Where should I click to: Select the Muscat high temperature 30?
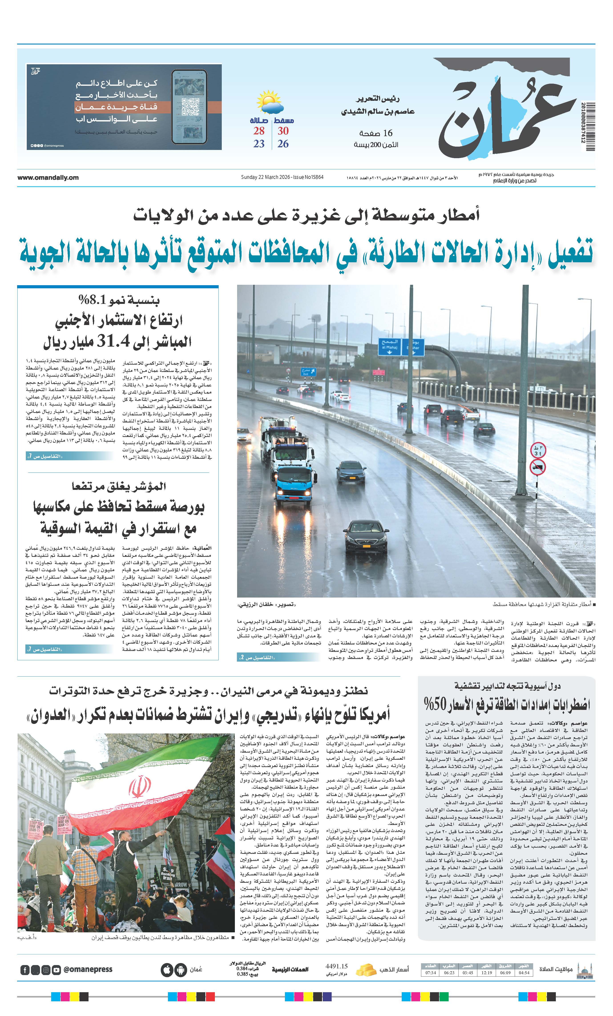point(283,131)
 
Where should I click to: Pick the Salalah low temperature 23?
point(259,144)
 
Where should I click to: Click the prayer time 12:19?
point(486,973)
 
